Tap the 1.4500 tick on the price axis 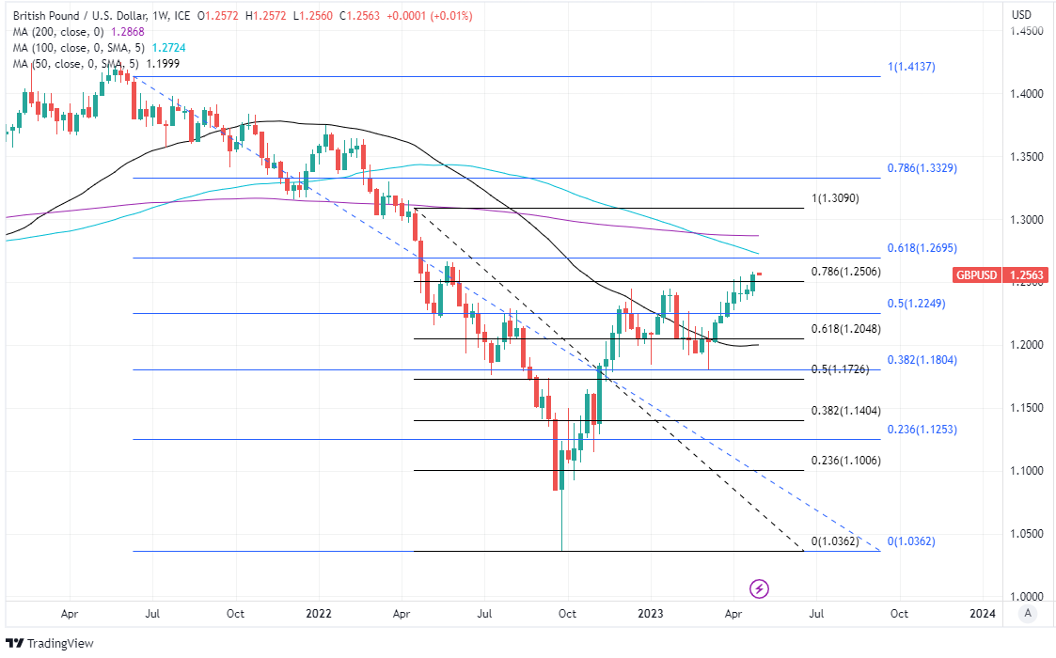coord(1028,31)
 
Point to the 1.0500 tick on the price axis coord(1028,533)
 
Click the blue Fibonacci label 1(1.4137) coord(911,68)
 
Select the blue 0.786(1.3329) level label coord(922,168)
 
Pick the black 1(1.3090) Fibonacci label coord(835,198)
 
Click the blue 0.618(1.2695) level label coord(922,249)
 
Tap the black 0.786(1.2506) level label coord(844,272)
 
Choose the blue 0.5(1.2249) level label coord(916,304)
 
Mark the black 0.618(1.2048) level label coord(845,329)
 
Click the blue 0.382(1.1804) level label coord(922,360)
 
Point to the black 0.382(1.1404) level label coord(845,412)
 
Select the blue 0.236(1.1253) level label coord(922,429)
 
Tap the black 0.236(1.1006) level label coord(845,461)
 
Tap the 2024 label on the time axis coord(982,614)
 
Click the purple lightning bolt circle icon coord(760,589)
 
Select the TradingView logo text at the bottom coord(53,644)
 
